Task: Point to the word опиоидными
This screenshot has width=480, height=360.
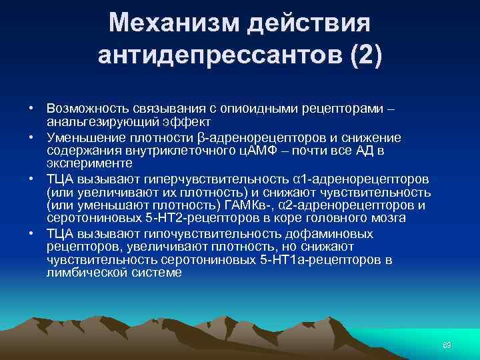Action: click(x=259, y=107)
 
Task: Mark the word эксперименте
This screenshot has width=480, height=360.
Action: click(x=89, y=163)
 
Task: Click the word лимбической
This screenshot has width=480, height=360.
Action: click(x=87, y=273)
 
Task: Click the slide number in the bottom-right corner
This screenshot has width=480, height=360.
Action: click(x=447, y=344)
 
